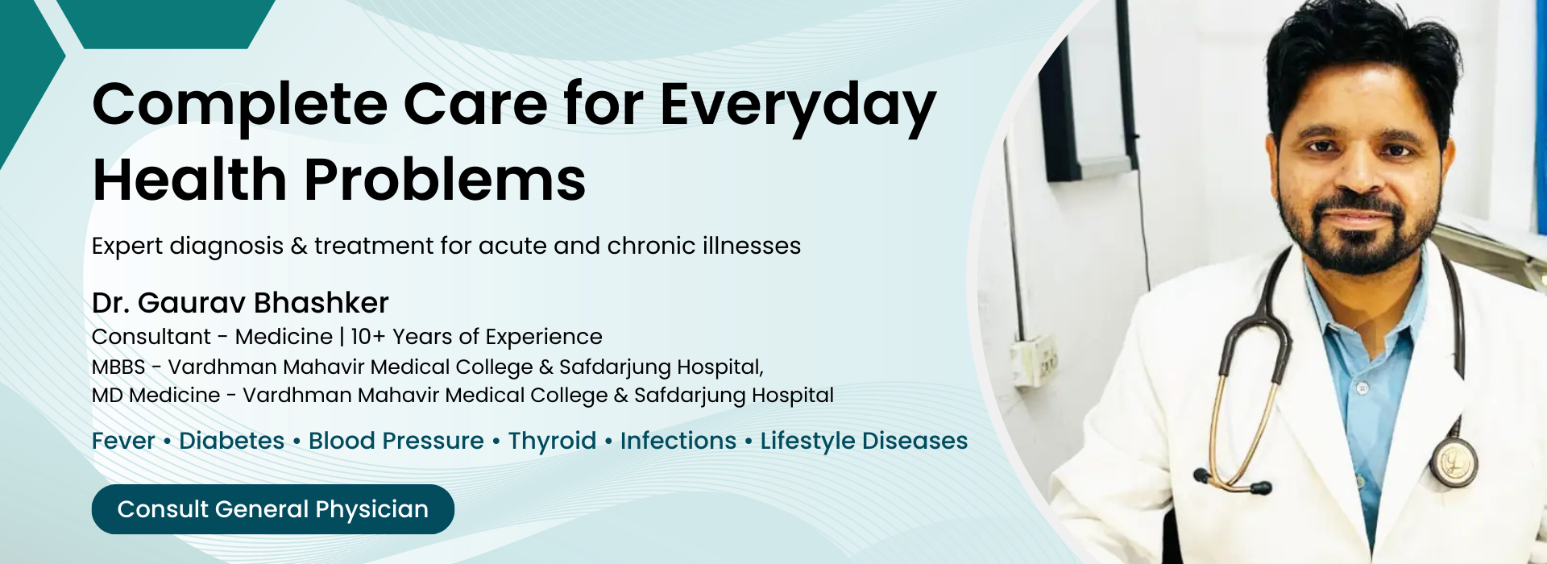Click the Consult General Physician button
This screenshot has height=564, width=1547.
point(273,509)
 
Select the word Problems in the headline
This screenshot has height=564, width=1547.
point(445,179)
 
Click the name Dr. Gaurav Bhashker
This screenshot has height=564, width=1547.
point(240,303)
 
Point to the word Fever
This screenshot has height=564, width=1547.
point(123,441)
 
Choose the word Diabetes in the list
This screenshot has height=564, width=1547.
point(232,441)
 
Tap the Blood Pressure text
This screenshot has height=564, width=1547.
point(396,441)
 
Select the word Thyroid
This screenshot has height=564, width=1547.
point(552,442)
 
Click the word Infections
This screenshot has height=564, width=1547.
point(678,441)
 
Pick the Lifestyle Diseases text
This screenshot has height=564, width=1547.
point(864,442)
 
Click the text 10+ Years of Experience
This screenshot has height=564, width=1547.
point(476,337)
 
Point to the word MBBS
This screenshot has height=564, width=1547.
point(118,367)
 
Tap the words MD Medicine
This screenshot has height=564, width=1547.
point(156,396)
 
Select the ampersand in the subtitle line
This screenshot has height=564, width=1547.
point(299,247)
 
